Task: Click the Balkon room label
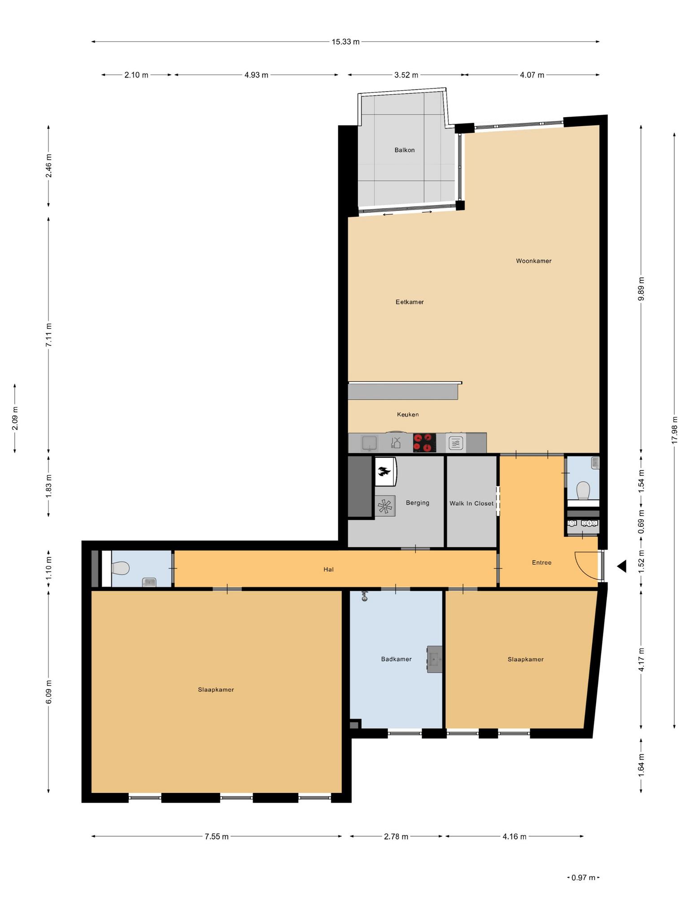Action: pyautogui.click(x=404, y=150)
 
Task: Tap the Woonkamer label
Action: pyautogui.click(x=533, y=261)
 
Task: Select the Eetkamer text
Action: pyautogui.click(x=410, y=302)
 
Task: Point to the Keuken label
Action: pyautogui.click(x=408, y=414)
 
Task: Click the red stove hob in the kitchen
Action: pyautogui.click(x=424, y=442)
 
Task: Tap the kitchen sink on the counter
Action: pyautogui.click(x=370, y=443)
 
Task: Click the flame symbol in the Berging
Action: pyautogui.click(x=384, y=471)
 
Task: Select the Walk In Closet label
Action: pyautogui.click(x=471, y=503)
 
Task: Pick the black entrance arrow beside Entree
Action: pyautogui.click(x=622, y=566)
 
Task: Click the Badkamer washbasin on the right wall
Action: pyautogui.click(x=434, y=659)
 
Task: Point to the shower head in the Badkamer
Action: pyautogui.click(x=364, y=596)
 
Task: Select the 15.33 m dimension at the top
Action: pyautogui.click(x=345, y=42)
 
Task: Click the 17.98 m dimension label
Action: pyautogui.click(x=674, y=430)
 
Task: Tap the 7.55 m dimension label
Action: pyautogui.click(x=217, y=836)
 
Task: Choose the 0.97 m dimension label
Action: pyautogui.click(x=583, y=877)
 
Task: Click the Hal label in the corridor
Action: pyautogui.click(x=328, y=569)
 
